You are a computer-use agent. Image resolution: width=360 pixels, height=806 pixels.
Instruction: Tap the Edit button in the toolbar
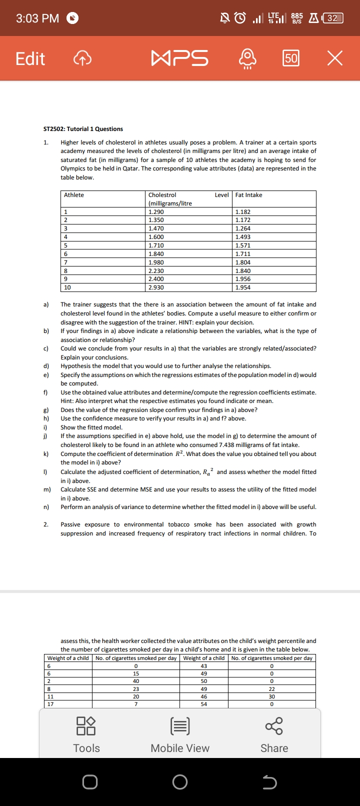tap(30, 58)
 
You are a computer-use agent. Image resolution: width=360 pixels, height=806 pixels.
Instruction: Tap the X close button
tap(335, 58)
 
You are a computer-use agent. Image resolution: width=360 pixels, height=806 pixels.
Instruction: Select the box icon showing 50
tap(291, 58)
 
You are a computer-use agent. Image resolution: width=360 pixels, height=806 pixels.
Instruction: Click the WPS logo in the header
tap(180, 58)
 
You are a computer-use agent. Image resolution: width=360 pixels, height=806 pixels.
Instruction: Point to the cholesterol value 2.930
tap(156, 287)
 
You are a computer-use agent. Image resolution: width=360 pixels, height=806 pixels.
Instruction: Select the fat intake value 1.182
tap(243, 212)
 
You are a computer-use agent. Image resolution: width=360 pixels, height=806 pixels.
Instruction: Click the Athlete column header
tap(74, 195)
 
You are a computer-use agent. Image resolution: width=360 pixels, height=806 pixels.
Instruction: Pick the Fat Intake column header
tap(248, 195)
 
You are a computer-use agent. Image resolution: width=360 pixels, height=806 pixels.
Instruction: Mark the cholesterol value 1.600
tap(156, 237)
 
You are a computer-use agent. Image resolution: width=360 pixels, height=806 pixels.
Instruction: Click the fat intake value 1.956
tap(243, 279)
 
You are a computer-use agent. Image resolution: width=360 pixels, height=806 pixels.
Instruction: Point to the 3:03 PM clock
tap(37, 18)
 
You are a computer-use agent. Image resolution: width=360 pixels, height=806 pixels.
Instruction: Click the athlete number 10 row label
tap(67, 287)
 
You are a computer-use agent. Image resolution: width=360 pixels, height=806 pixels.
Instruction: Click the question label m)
tap(47, 489)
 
